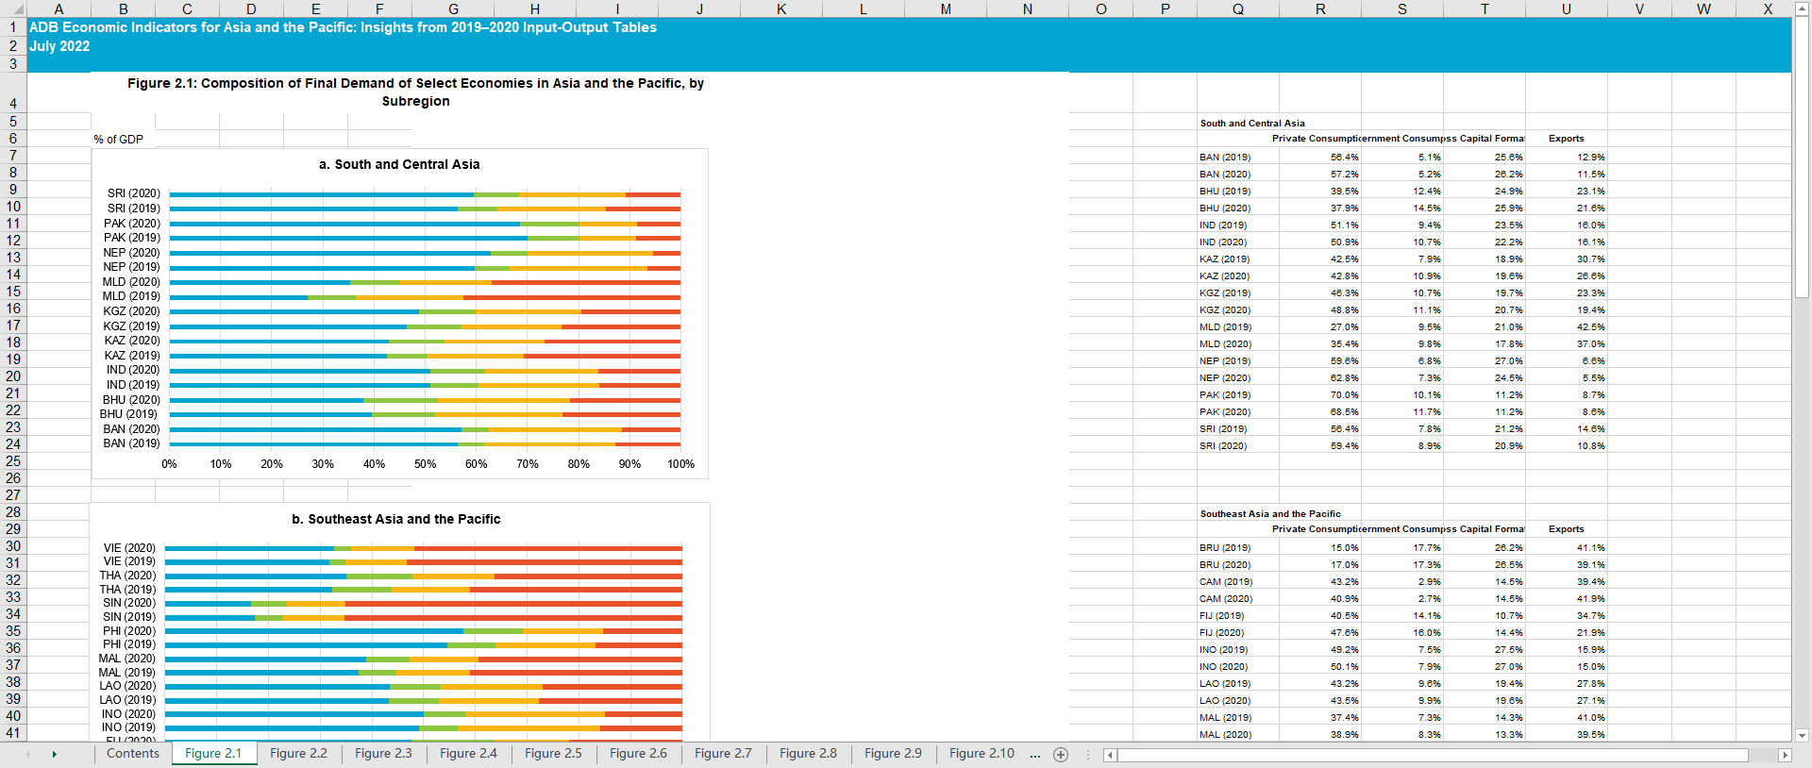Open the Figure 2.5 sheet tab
[553, 753]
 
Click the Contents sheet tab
[132, 753]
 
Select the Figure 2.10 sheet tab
[981, 753]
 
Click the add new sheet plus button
[1061, 754]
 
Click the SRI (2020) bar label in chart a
[133, 193]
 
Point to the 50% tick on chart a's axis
[425, 464]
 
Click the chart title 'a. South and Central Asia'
[399, 164]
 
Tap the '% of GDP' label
[118, 140]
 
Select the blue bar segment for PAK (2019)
[348, 238]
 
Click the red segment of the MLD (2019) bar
[571, 297]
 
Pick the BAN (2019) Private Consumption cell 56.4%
[1344, 158]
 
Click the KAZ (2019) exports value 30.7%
[1590, 259]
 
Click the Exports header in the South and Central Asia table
[1566, 139]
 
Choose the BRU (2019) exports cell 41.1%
[1590, 548]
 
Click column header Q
[1237, 8]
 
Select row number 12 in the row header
[13, 241]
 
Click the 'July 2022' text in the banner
[59, 46]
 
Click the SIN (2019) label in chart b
[129, 617]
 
